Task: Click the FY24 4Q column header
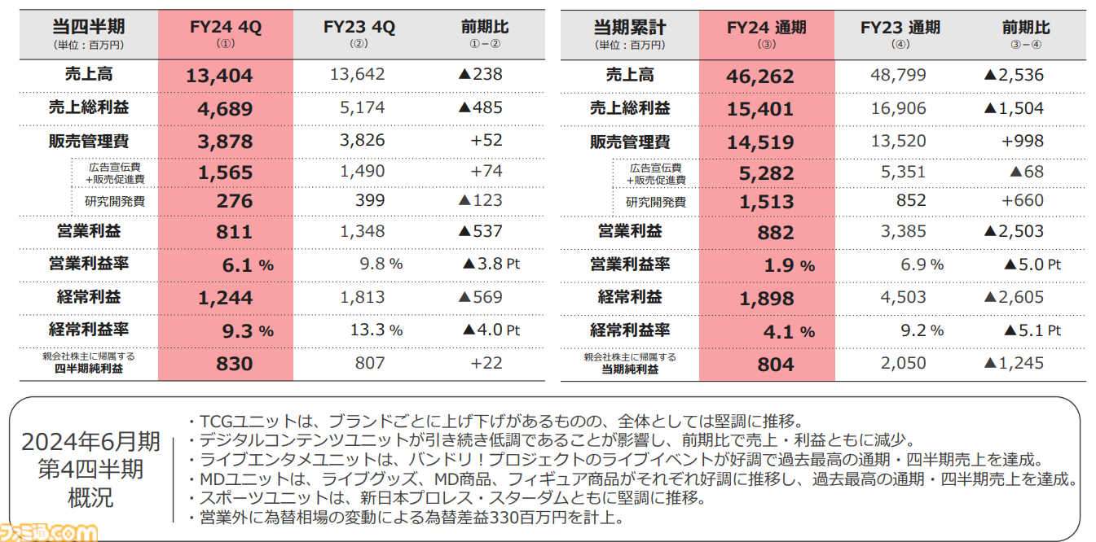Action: pos(225,28)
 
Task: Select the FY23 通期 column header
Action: pos(900,28)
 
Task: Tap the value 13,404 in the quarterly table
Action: pos(219,76)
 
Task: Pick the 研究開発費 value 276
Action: pos(235,201)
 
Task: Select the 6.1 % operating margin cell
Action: pos(247,264)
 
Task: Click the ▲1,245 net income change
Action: pos(1013,363)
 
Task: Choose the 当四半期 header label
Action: pos(89,28)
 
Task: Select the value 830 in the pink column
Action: pos(235,364)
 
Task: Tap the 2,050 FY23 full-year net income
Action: pos(903,363)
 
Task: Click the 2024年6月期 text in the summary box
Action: pos(90,442)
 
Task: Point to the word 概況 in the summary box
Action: pos(90,496)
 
